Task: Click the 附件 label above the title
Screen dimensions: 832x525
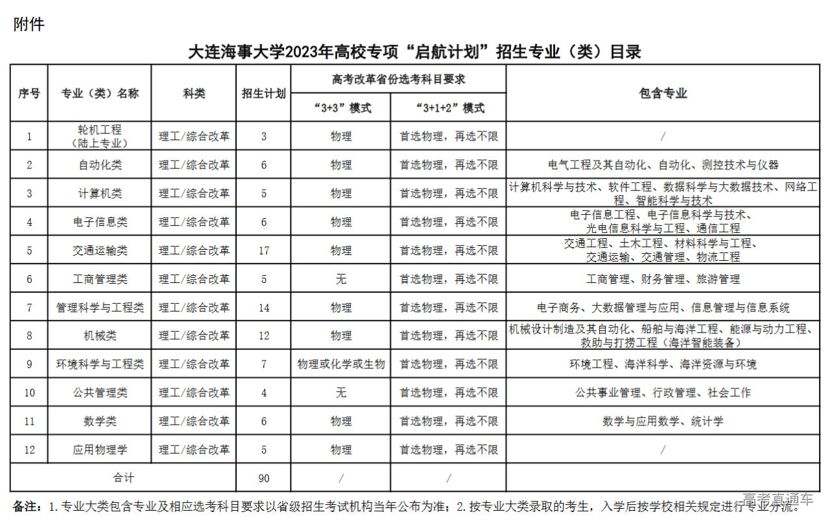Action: point(29,25)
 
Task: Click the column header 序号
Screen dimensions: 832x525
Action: point(29,93)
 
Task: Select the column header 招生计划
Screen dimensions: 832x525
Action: point(263,93)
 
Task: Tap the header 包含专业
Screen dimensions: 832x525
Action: point(662,93)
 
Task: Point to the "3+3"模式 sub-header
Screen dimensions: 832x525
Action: point(341,108)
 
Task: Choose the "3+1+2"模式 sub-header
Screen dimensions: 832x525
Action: point(448,108)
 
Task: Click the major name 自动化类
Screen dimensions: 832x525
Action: point(99,165)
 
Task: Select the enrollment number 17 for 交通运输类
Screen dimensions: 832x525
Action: point(263,250)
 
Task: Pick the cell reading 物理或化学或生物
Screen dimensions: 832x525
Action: point(341,364)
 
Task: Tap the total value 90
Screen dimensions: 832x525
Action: point(263,478)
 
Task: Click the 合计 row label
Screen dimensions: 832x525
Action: point(123,478)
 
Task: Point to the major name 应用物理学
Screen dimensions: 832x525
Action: point(99,450)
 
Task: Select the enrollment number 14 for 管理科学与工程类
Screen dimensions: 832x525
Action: point(263,307)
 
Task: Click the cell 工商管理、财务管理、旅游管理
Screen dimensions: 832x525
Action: point(662,279)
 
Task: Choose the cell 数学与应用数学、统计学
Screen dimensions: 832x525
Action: point(662,422)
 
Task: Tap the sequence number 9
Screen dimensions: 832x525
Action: point(29,364)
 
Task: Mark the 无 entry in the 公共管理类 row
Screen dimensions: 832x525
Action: point(341,393)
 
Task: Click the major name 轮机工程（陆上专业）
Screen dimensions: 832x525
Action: point(99,136)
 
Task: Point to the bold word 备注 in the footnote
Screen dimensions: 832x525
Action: point(27,506)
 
